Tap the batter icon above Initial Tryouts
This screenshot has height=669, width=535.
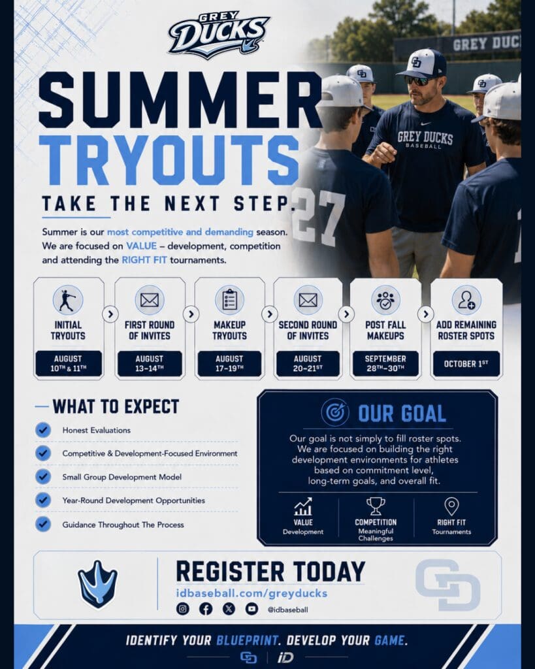pyautogui.click(x=67, y=299)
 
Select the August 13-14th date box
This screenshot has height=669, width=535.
pyautogui.click(x=150, y=363)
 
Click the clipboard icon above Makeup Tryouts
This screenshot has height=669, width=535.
pyautogui.click(x=229, y=299)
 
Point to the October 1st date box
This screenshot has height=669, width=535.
pyautogui.click(x=466, y=363)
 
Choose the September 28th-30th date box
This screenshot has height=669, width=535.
pyautogui.click(x=385, y=363)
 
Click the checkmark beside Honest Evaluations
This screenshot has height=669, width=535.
pyautogui.click(x=43, y=430)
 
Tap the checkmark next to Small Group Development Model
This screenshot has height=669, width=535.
pyautogui.click(x=43, y=476)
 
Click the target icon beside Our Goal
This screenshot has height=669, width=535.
pyautogui.click(x=335, y=412)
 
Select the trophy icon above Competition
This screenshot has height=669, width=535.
pyautogui.click(x=376, y=506)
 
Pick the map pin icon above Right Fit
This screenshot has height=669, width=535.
pyautogui.click(x=451, y=506)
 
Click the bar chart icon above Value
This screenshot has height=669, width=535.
pyautogui.click(x=303, y=506)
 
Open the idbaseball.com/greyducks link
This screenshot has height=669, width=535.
pyautogui.click(x=251, y=593)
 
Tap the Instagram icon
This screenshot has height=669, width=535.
pyautogui.click(x=183, y=609)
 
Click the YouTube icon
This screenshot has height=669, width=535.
pyautogui.click(x=251, y=609)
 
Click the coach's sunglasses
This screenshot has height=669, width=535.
pyautogui.click(x=417, y=80)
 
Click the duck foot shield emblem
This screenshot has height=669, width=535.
pyautogui.click(x=98, y=584)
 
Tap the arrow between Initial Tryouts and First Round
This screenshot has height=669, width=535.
pyautogui.click(x=110, y=314)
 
